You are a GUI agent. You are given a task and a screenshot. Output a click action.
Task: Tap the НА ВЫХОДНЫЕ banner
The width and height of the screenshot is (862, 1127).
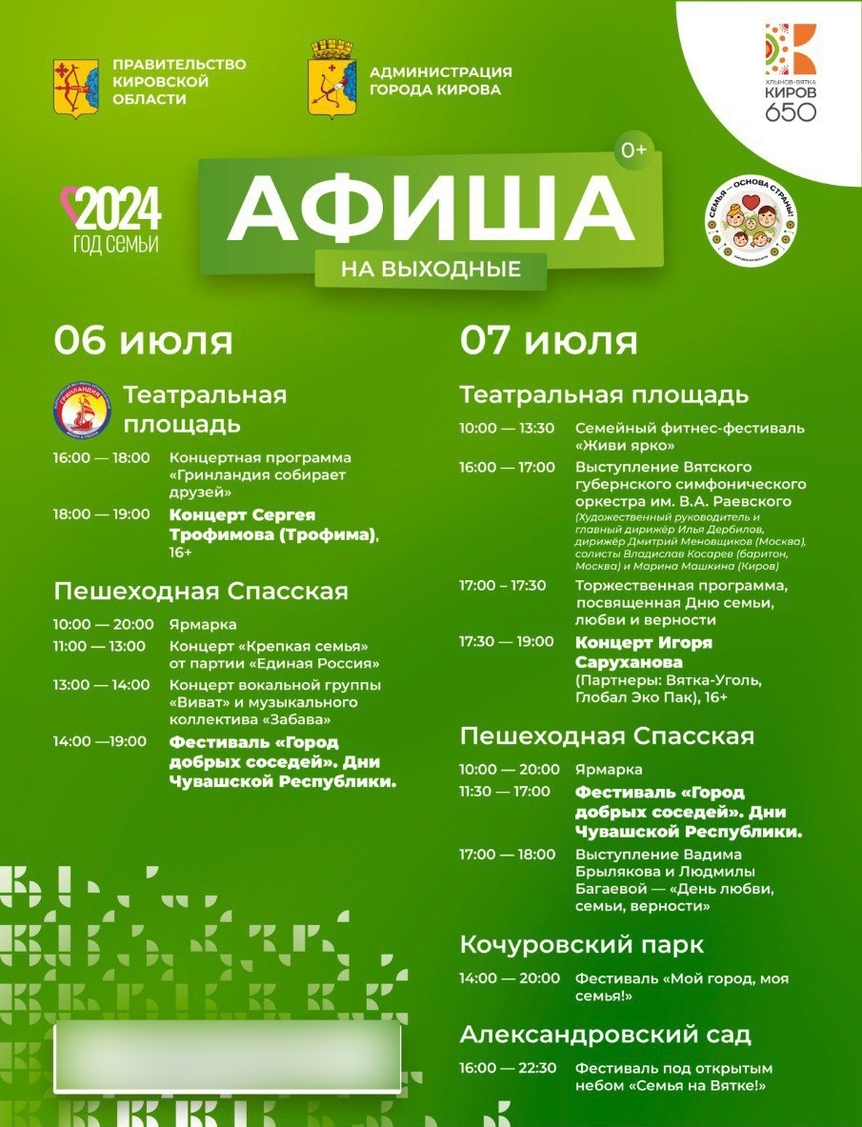[x=431, y=270]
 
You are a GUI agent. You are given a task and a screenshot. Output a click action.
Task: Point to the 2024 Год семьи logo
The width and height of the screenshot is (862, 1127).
[x=110, y=217]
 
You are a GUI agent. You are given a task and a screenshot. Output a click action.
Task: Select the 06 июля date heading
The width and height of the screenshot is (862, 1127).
[x=143, y=340]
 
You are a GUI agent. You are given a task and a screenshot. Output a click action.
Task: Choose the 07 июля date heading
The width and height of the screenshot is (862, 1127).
[x=549, y=340]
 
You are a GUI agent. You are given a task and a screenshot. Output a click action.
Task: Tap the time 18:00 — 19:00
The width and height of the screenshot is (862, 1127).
[x=102, y=514]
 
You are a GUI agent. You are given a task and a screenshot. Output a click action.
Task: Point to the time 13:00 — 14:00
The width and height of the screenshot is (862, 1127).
[x=102, y=685]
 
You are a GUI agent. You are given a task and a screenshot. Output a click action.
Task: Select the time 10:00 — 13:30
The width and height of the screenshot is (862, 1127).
[x=507, y=428]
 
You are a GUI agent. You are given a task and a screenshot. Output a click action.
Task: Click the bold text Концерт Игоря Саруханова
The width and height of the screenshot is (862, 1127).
[x=644, y=652]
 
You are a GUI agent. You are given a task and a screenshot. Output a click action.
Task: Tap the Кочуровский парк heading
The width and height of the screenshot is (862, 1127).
[x=582, y=944]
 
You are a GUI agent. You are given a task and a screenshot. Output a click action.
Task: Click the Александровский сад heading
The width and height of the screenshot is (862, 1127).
[x=606, y=1034]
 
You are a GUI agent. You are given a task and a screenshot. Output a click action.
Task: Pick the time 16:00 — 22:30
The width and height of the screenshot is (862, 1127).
[x=508, y=1068]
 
